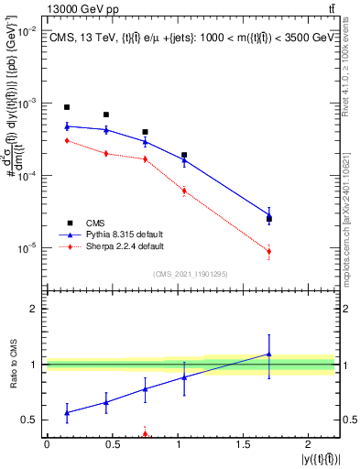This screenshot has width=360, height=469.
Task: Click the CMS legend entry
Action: pos(95,222)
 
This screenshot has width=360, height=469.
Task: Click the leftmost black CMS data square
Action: pos(67,107)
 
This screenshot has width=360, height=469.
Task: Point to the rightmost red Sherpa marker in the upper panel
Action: pos(269,251)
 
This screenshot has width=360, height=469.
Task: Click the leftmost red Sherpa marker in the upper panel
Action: pos(67,140)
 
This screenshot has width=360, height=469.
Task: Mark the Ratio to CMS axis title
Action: pos(13,365)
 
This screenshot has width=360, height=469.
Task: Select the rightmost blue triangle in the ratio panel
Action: pos(269,354)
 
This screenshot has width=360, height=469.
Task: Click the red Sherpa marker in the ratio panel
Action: pos(145,434)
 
